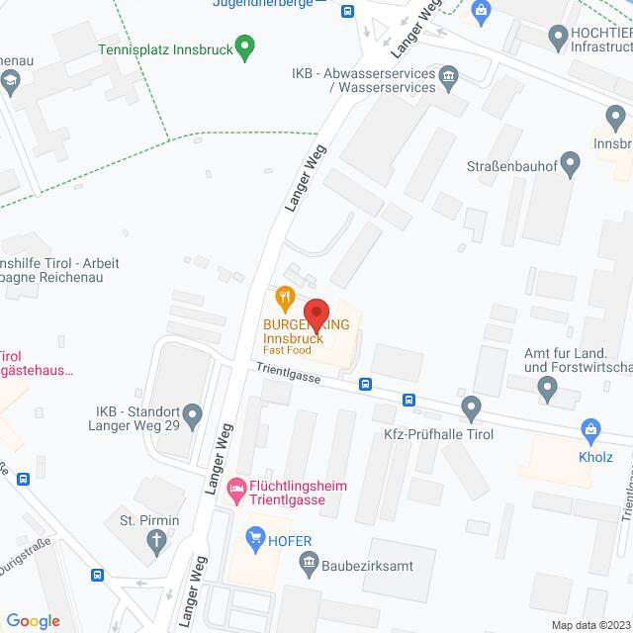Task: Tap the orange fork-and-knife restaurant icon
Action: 285,296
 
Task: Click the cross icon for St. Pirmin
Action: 157,540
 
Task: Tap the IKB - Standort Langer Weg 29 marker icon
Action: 194,414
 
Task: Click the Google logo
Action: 33,621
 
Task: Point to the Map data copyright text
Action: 590,625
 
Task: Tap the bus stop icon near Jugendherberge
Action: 347,11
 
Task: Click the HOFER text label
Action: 291,540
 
